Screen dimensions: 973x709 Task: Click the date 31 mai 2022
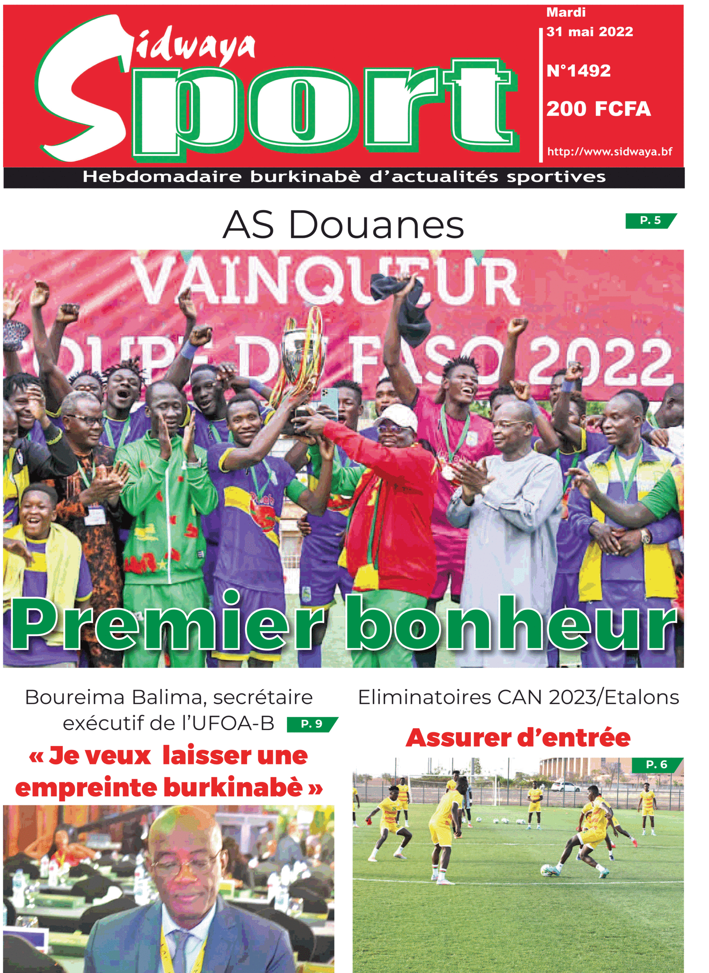click(x=590, y=32)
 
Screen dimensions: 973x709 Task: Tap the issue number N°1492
click(x=579, y=71)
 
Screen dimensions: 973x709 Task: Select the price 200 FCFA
click(x=598, y=109)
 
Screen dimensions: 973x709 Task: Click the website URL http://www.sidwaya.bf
click(x=609, y=152)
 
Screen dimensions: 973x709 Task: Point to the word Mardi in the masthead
click(x=566, y=13)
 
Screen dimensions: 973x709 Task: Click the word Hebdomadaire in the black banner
click(x=162, y=177)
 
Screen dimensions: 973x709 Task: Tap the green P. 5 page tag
click(x=650, y=220)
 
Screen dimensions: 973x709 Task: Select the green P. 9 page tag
click(x=312, y=724)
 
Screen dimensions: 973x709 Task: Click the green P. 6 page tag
click(x=657, y=764)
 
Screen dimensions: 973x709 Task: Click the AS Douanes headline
click(x=343, y=225)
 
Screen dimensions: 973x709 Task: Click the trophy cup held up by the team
click(x=301, y=343)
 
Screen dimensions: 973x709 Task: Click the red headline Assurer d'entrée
click(x=518, y=738)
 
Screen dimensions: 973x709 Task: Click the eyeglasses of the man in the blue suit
click(x=185, y=867)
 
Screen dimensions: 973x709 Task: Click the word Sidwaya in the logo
click(x=193, y=47)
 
